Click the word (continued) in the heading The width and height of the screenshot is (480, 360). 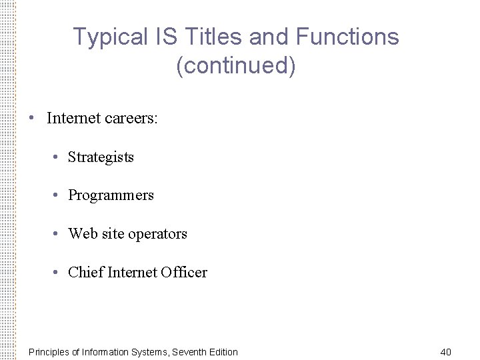(236, 66)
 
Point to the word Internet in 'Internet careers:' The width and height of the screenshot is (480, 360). (73, 119)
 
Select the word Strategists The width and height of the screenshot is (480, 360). (101, 157)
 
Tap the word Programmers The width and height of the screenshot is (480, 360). (111, 195)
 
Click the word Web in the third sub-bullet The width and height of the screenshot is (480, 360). (83, 234)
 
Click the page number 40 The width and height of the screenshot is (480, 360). (446, 352)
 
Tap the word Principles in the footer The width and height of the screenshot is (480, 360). (49, 352)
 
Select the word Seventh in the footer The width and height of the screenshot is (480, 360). (190, 352)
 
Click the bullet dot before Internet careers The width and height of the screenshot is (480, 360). (31, 119)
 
